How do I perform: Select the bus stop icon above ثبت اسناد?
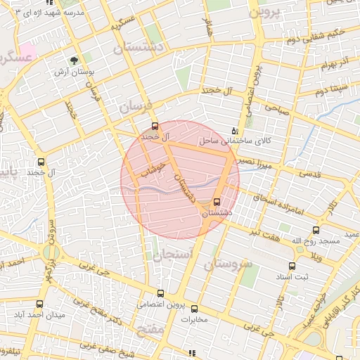click(292, 266)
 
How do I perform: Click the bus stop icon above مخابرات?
click(194, 308)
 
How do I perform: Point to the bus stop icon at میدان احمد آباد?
click(39, 304)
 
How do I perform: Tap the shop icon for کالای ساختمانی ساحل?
click(235, 131)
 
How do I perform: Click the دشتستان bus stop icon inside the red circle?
click(216, 202)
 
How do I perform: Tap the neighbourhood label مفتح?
click(151, 330)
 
